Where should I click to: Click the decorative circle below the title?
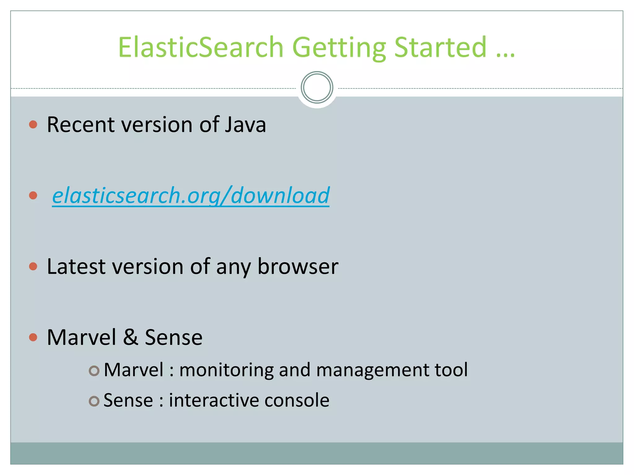click(317, 88)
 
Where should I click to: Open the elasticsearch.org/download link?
click(190, 195)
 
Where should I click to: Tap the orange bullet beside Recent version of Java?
click(33, 125)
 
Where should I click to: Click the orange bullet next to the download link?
click(33, 195)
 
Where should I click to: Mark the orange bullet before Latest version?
click(33, 266)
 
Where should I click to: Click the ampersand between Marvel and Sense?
click(130, 337)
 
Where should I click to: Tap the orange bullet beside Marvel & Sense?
click(33, 337)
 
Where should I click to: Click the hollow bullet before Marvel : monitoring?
click(94, 371)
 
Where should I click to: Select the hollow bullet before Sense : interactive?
click(94, 401)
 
